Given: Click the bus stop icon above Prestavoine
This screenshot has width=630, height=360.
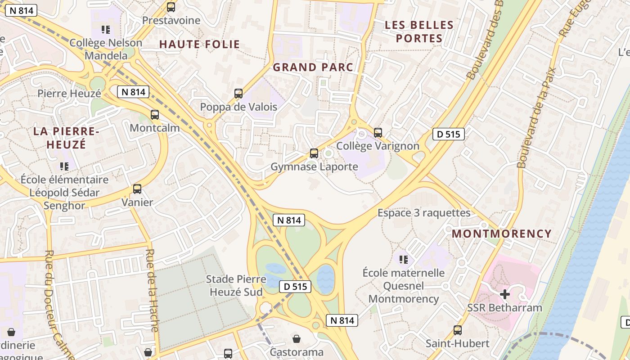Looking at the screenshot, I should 171,7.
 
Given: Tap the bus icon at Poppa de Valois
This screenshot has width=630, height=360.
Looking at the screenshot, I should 238,94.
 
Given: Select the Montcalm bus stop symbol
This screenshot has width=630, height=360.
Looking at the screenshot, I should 155,115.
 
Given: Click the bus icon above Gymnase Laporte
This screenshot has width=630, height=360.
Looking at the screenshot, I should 314,153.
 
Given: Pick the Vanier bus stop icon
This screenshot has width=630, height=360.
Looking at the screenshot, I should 137,189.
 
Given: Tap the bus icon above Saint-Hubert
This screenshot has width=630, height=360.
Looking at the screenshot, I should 458,330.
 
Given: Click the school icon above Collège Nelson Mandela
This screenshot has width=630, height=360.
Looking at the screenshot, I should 106,30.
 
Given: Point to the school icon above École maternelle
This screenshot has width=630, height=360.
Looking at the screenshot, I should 404,259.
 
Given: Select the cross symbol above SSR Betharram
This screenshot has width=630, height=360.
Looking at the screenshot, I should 505,294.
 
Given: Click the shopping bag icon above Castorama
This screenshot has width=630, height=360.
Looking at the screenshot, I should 296,338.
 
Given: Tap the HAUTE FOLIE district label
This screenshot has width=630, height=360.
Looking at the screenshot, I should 199,45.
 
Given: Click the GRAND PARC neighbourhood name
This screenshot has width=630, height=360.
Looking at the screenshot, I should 313,67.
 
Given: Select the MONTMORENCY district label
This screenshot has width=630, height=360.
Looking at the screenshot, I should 502,234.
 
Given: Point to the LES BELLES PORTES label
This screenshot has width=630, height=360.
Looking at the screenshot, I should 419,31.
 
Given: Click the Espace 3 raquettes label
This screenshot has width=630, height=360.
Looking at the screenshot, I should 424,213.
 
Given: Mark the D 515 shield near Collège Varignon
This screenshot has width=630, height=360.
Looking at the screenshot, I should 448,134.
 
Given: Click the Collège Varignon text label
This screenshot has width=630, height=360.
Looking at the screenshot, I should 378,146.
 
